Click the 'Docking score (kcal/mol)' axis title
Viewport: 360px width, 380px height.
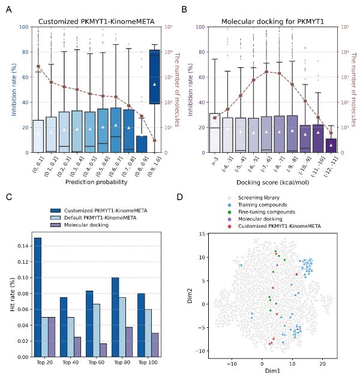coord(265,182)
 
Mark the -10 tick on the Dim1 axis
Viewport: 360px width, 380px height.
coord(232,363)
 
